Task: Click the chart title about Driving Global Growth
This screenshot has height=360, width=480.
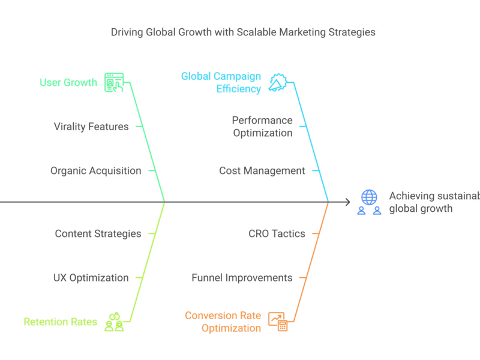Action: click(243, 32)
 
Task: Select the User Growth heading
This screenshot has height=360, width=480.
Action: click(68, 82)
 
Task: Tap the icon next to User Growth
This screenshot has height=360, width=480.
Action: click(114, 82)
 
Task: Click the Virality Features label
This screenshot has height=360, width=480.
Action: click(91, 127)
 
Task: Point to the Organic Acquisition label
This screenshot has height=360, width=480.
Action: click(95, 171)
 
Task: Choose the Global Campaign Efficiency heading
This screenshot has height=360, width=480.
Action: click(221, 83)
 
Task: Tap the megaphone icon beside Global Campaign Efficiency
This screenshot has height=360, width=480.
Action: click(277, 83)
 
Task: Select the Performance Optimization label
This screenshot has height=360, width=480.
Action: click(262, 127)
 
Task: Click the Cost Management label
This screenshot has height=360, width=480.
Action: click(262, 171)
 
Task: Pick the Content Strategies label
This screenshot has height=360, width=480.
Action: click(98, 233)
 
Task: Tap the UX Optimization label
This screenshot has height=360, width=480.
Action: click(91, 278)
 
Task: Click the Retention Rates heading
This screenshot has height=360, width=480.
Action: click(60, 322)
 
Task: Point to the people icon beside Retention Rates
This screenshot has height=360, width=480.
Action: click(114, 322)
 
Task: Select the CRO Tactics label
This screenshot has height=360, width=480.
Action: click(277, 233)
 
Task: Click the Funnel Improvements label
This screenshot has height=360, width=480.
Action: click(242, 278)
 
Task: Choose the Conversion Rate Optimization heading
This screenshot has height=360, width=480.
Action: click(223, 322)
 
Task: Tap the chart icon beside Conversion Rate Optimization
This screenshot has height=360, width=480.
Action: click(278, 322)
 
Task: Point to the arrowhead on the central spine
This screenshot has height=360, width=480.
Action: click(347, 202)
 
